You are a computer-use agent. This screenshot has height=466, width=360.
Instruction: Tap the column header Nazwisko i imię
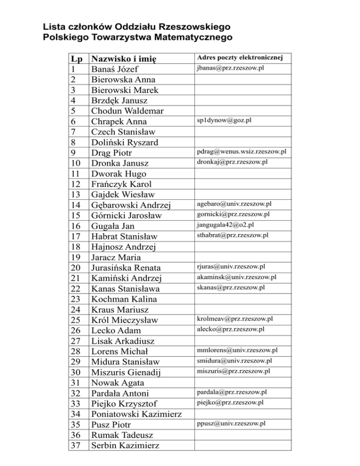[x=124, y=59]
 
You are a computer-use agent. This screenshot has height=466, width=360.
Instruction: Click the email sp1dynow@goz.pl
[x=224, y=120]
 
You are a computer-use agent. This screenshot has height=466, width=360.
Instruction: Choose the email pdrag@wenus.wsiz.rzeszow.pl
[x=241, y=151]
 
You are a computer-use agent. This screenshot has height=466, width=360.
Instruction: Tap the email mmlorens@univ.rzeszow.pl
[x=237, y=350]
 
